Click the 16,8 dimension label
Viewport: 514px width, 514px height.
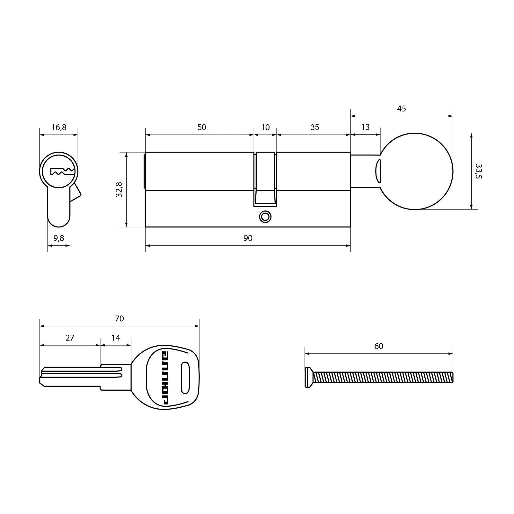pos(59,128)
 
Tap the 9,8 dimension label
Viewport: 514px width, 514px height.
pos(59,238)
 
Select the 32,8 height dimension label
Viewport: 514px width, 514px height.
pos(119,189)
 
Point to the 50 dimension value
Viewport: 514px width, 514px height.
pos(201,127)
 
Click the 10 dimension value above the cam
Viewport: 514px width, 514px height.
pos(265,127)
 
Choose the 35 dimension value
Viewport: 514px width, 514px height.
pos(315,127)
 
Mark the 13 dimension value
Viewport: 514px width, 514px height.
pos(365,127)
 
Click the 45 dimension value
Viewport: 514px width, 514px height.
pos(402,109)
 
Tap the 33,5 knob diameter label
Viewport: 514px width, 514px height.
pos(479,171)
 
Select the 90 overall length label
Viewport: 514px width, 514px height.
pos(248,238)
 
